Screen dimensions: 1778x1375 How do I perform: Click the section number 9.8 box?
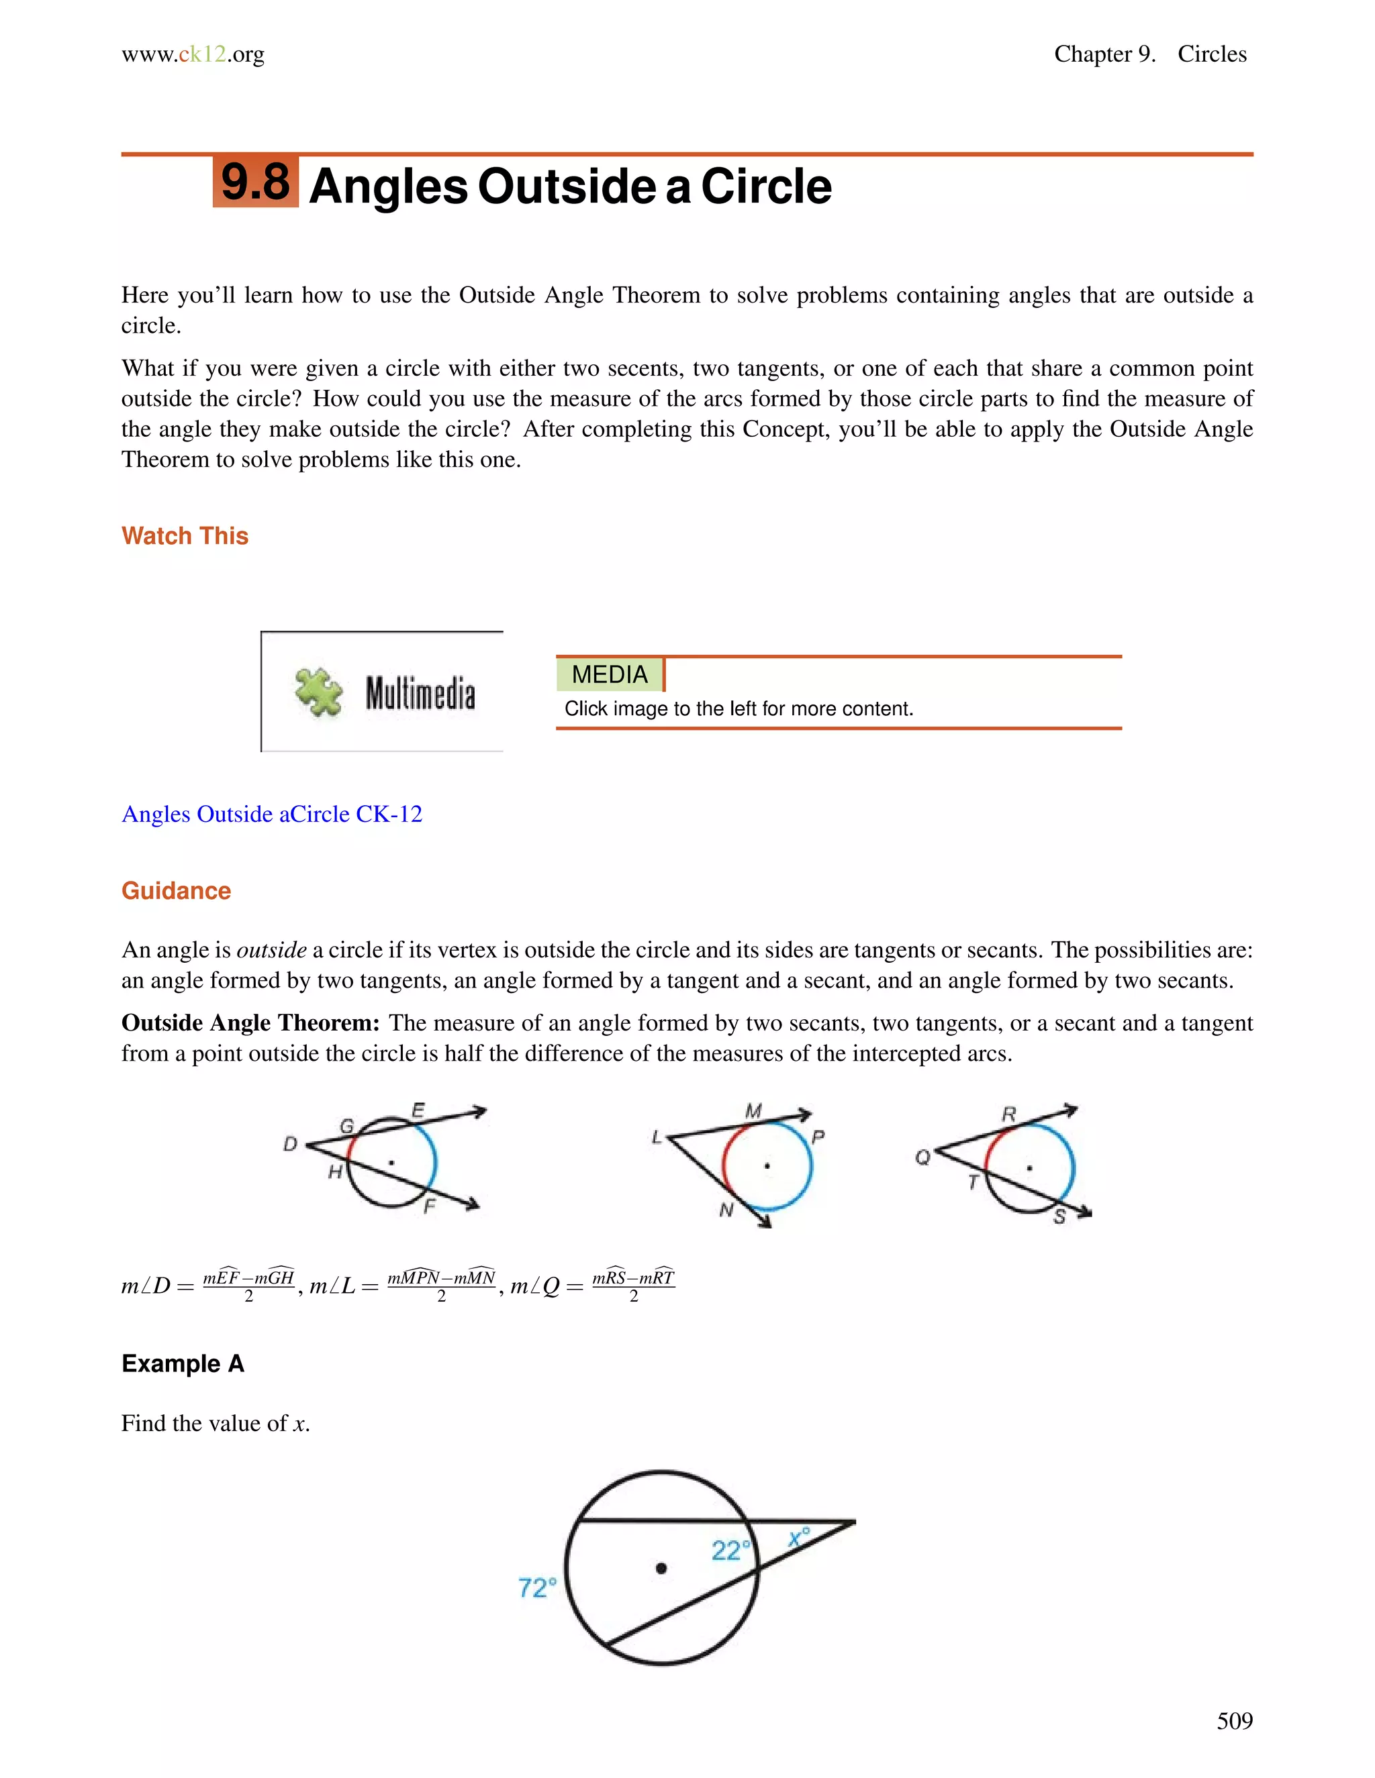[x=255, y=182]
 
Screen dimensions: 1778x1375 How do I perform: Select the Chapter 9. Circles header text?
[x=1149, y=54]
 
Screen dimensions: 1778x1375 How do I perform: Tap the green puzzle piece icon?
[x=318, y=692]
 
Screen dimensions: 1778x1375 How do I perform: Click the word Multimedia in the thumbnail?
[x=420, y=694]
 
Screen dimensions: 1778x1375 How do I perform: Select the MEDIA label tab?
[x=610, y=674]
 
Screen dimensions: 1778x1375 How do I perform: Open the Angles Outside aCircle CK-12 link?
[x=271, y=814]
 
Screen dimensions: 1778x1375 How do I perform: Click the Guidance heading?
[x=176, y=890]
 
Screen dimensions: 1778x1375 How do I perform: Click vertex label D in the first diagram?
[x=290, y=1145]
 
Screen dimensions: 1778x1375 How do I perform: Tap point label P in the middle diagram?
[x=818, y=1137]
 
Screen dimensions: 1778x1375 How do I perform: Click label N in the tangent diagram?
[x=726, y=1210]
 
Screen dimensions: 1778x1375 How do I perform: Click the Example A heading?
[x=183, y=1363]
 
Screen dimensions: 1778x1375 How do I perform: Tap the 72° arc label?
[x=538, y=1587]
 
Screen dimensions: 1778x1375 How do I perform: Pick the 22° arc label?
[x=730, y=1550]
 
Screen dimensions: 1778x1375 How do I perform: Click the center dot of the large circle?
[x=661, y=1568]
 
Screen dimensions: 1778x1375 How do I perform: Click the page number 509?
[x=1234, y=1721]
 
